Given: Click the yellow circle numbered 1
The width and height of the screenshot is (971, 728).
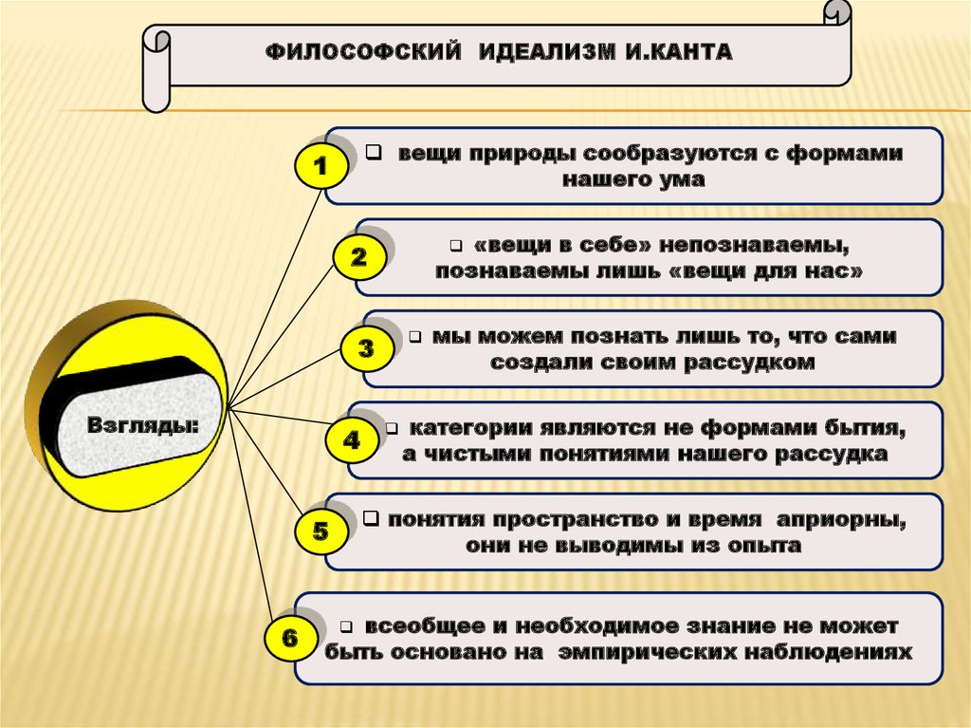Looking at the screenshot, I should click(321, 169).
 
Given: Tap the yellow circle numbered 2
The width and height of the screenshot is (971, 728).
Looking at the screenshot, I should click(358, 257).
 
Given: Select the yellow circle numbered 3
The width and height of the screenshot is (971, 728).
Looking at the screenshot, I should click(366, 348).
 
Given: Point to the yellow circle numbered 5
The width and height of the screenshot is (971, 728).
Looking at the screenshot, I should click(321, 532).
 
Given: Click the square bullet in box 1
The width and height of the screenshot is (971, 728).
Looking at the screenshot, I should click(374, 151).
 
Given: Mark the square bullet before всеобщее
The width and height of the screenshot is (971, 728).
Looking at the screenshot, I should click(346, 627).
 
